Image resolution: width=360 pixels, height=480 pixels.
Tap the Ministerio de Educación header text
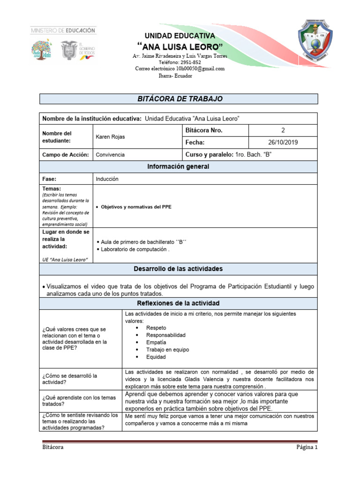point(63,30)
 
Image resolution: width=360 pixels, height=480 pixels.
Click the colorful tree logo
point(43,49)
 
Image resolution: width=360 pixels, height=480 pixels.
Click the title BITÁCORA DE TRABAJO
point(179,99)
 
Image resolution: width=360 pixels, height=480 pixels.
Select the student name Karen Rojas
point(110,137)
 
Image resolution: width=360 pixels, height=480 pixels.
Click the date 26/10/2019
point(283,142)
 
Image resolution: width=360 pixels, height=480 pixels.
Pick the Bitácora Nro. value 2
point(283,130)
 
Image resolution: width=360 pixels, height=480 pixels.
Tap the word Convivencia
point(110,154)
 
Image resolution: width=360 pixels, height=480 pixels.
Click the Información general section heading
point(179,166)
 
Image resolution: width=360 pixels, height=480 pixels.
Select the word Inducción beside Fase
point(107,179)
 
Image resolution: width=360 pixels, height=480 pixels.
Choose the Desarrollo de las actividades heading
point(179,269)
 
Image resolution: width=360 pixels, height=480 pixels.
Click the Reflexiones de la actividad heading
point(179,303)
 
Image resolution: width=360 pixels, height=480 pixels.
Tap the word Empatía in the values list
point(157,342)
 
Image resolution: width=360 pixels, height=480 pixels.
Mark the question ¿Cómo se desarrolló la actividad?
point(69,379)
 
